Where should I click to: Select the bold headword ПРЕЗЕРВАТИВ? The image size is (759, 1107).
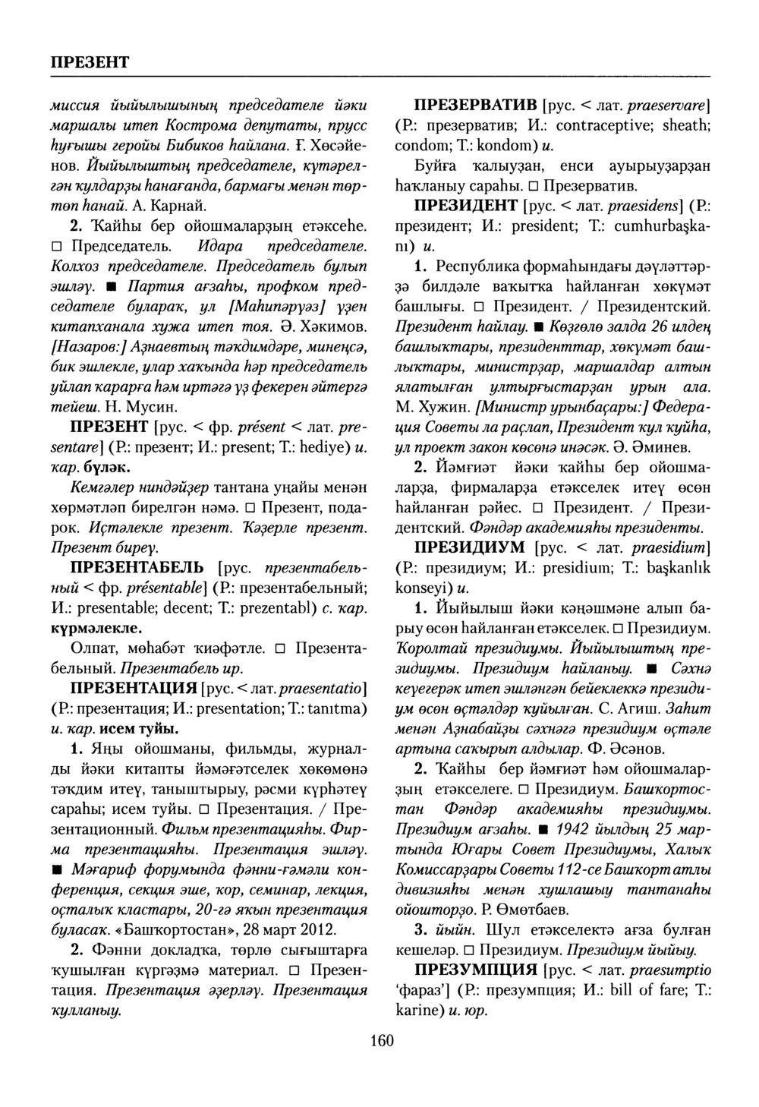coord(475,106)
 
